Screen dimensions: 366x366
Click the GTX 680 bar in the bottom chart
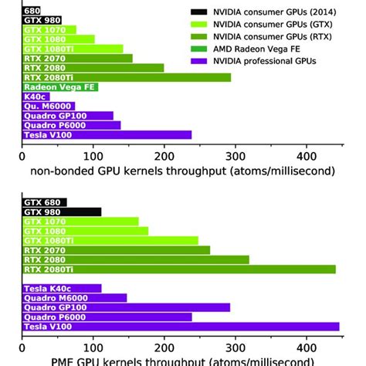coord(44,202)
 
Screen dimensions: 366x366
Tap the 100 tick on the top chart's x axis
coord(93,152)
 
